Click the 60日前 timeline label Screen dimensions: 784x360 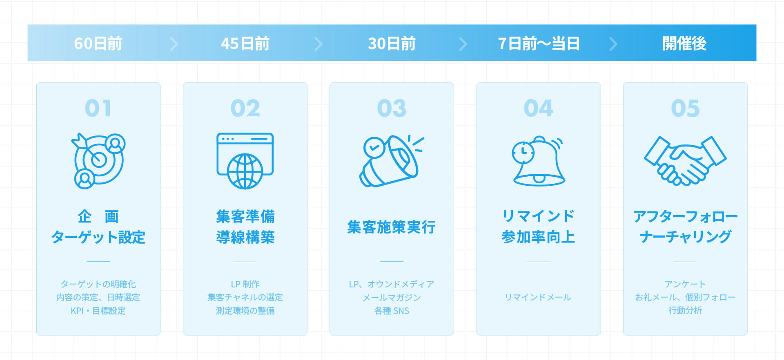(x=98, y=44)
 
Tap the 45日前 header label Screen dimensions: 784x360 (x=245, y=44)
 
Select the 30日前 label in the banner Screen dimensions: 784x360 (x=392, y=44)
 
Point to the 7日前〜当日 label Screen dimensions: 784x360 (x=539, y=44)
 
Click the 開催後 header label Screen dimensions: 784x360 (x=684, y=44)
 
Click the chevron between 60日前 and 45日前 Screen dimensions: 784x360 (x=174, y=44)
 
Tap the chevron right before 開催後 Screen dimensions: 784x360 (x=613, y=44)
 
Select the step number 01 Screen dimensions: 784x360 (x=98, y=108)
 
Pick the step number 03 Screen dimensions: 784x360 (x=392, y=108)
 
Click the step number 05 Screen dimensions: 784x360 (x=685, y=108)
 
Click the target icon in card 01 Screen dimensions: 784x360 (x=98, y=161)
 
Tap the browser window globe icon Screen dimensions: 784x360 (x=245, y=161)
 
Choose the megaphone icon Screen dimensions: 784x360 (x=392, y=161)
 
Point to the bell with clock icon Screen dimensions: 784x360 (x=539, y=161)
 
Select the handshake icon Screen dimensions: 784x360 (x=685, y=161)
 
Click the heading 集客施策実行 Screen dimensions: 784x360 (x=392, y=227)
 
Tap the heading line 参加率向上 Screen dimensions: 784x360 (x=539, y=237)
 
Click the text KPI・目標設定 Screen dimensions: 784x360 (x=98, y=311)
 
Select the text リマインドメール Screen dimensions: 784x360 (x=538, y=297)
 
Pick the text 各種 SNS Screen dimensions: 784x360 (x=392, y=311)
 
